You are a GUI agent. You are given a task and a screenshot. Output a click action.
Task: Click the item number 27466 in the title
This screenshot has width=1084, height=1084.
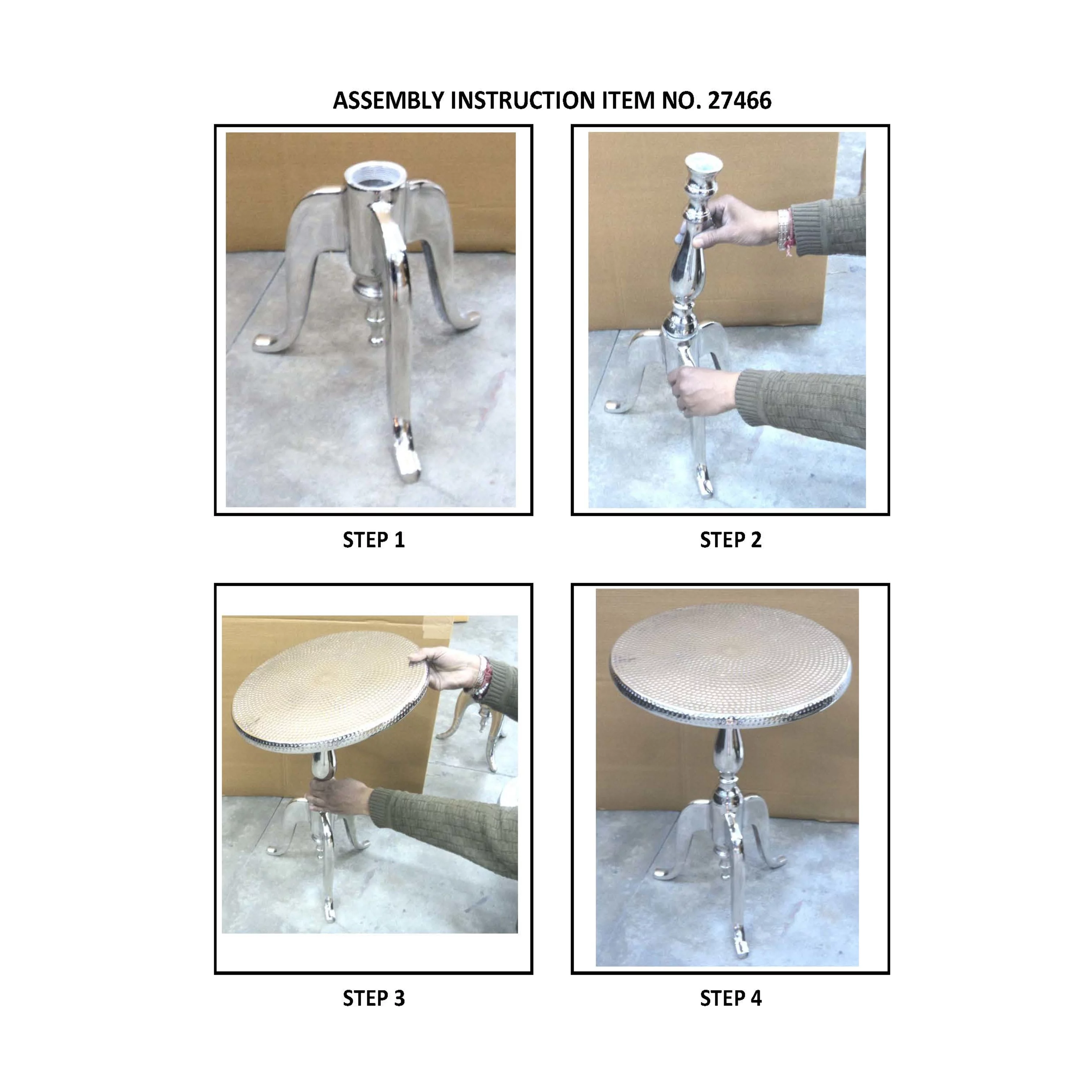click(740, 100)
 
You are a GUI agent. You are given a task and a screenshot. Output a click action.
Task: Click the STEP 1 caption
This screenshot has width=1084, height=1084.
click(374, 540)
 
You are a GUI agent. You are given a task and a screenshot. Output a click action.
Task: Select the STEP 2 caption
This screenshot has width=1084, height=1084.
click(731, 540)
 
